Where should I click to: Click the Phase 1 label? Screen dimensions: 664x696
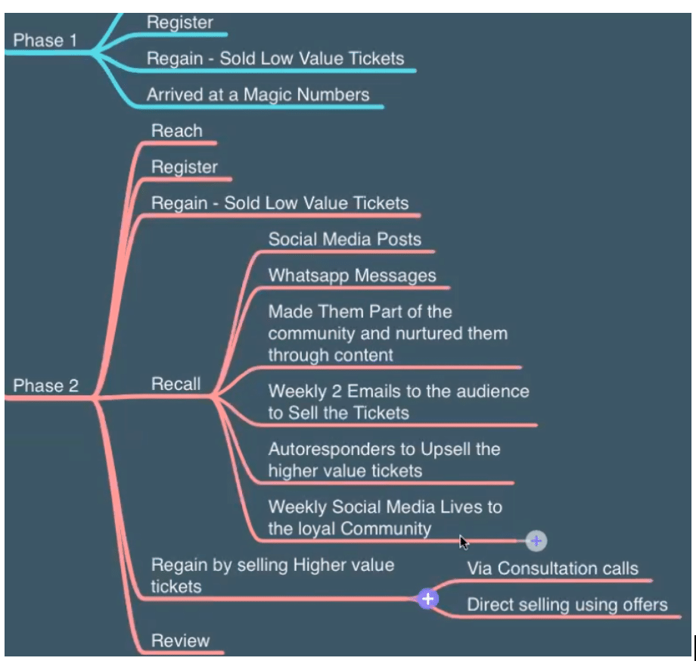pos(45,40)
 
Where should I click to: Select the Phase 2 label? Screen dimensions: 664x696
pos(45,385)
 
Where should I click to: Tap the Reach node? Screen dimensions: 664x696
pos(177,130)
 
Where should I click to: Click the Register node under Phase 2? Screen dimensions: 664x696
pos(185,167)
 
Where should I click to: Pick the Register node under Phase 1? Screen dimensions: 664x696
pos(180,22)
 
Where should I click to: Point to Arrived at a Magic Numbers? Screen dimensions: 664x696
pos(258,95)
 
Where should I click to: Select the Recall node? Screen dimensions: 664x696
pos(176,384)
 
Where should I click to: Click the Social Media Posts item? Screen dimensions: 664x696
pos(344,239)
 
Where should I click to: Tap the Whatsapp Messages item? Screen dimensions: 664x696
pos(352,276)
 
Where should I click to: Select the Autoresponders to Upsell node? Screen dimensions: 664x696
pos(384,460)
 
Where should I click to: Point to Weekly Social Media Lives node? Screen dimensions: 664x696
pos(384,517)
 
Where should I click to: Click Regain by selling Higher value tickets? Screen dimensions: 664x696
pos(272,575)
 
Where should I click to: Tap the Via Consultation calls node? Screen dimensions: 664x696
pos(552,569)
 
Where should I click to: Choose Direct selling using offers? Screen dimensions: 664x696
pos(567,604)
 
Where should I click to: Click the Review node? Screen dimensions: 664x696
pos(180,641)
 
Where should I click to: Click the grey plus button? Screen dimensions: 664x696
pos(536,541)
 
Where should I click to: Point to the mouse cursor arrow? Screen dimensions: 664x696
pos(464,543)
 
